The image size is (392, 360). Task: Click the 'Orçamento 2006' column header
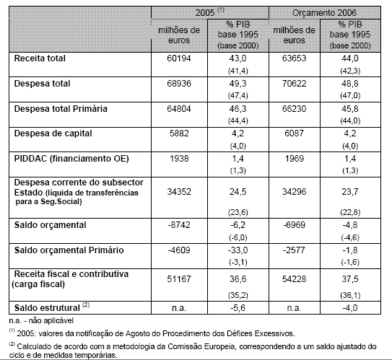[x=330, y=13]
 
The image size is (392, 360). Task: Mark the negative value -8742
[x=178, y=225]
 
